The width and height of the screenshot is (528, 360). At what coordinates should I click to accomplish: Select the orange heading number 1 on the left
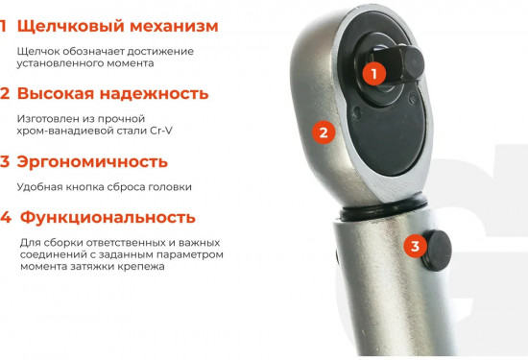[x=5, y=26]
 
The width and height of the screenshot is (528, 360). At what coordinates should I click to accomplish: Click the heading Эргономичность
[x=93, y=161]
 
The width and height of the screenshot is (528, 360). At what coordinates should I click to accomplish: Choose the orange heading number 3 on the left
[x=6, y=161]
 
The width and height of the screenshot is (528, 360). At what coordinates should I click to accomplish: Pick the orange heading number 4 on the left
[x=6, y=218]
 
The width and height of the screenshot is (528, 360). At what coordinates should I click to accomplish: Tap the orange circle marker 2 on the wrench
[x=324, y=133]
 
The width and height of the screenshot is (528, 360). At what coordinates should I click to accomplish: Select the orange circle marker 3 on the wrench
[x=415, y=246]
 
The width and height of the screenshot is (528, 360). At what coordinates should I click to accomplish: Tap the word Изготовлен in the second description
[x=49, y=118]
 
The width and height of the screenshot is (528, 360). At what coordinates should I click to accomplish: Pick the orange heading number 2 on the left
[x=6, y=94]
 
